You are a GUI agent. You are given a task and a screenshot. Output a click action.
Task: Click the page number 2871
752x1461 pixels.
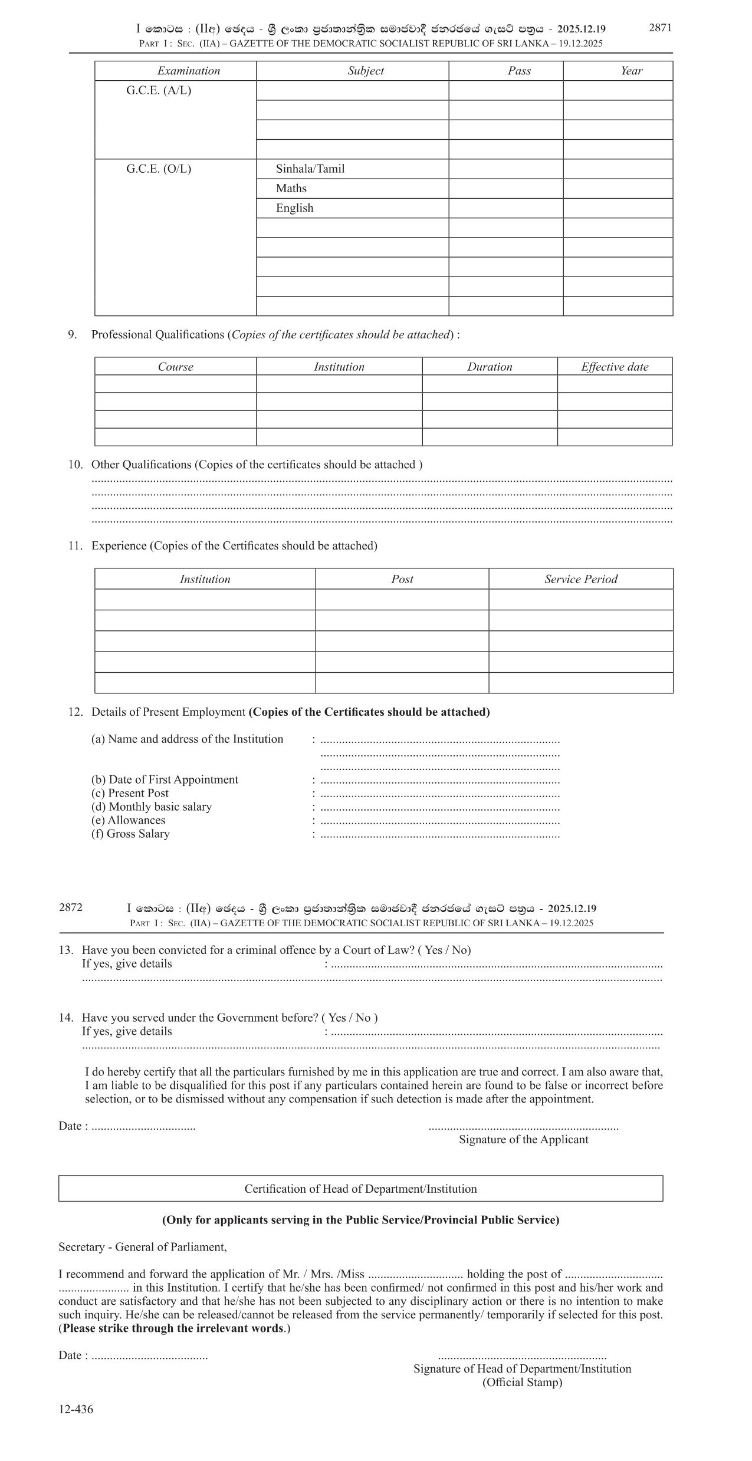660,28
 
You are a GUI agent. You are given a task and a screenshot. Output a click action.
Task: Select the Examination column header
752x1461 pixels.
188,71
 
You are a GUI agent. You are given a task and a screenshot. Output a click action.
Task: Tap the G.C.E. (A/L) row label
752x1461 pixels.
159,91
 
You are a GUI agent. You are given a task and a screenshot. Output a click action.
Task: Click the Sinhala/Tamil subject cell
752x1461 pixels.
310,169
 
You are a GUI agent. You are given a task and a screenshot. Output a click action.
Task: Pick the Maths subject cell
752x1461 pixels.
291,188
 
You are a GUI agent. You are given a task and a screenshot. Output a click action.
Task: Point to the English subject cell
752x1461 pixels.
294,208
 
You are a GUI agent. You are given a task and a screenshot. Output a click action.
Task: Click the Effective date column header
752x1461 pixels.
615,367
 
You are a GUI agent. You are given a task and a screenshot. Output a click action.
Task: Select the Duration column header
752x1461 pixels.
490,367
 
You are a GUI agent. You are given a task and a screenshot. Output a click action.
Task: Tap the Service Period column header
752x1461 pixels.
580,579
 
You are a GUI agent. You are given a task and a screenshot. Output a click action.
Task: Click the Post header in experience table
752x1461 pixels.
402,579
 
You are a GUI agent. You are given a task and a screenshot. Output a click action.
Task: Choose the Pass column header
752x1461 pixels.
519,71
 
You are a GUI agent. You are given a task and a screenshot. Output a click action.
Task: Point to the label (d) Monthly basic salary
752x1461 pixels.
152,807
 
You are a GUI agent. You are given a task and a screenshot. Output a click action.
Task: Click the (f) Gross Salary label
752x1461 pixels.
130,834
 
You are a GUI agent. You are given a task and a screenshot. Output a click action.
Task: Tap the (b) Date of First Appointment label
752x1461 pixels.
165,779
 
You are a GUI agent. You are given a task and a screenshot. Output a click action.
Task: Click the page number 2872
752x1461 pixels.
71,907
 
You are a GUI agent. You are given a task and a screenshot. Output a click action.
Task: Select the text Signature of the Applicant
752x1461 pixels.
523,1139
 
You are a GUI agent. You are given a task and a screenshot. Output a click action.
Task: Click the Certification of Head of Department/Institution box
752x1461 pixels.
360,1189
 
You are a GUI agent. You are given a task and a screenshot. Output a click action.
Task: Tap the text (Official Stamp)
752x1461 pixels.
522,1382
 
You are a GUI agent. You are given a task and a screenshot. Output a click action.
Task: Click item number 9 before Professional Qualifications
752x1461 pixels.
72,335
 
